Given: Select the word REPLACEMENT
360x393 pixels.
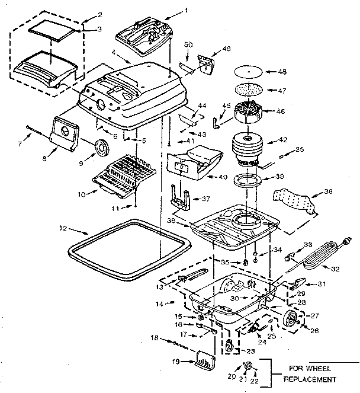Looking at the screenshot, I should pyautogui.click(x=311, y=379).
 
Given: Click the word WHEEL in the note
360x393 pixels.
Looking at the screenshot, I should pyautogui.click(x=325, y=367).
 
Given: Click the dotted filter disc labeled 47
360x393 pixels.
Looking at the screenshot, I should pyautogui.click(x=249, y=90).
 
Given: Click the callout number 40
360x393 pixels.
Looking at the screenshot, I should pyautogui.click(x=223, y=177).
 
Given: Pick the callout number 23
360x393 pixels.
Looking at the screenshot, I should pyautogui.click(x=243, y=351).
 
